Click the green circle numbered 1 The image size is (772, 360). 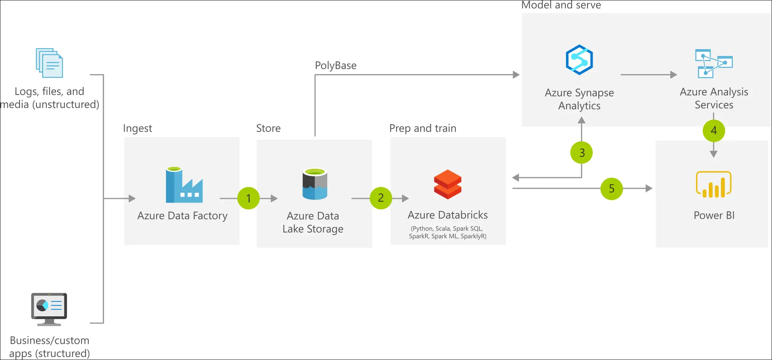[249, 198]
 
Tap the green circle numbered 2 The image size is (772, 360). [381, 198]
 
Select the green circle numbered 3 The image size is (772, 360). [581, 153]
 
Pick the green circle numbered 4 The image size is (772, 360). [714, 131]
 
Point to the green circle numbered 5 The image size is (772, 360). [612, 189]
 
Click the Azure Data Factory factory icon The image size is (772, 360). [184, 185]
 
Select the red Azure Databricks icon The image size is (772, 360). [447, 185]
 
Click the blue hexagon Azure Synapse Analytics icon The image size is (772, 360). [579, 60]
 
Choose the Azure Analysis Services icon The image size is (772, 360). [714, 63]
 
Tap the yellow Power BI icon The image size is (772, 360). [714, 185]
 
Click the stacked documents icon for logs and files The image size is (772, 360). [49, 63]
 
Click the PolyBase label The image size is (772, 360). [336, 66]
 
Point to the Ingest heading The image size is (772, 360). [137, 128]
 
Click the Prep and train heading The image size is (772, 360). [423, 128]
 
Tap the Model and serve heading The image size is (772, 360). [561, 5]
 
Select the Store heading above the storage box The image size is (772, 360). [268, 128]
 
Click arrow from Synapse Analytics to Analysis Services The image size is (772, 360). [648, 75]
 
